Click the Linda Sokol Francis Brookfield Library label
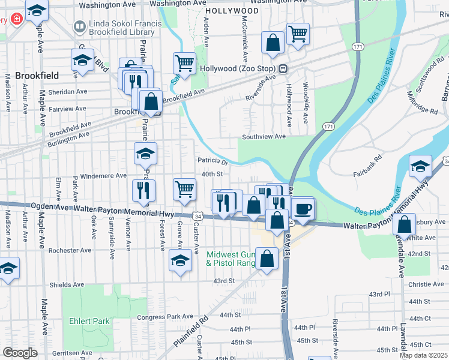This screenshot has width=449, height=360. click(124, 27)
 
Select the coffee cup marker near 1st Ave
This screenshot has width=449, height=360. click(303, 209)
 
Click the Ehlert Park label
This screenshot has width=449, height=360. click(89, 321)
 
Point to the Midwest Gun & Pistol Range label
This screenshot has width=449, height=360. click(231, 259)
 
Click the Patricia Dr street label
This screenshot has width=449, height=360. click(213, 161)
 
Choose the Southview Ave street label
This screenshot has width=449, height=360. click(264, 137)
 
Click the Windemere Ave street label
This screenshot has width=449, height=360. click(104, 175)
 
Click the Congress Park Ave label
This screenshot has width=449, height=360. click(165, 316)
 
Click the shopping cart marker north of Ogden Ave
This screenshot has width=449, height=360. click(184, 190)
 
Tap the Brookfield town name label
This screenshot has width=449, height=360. click(37, 76)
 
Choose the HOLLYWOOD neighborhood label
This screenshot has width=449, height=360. click(232, 11)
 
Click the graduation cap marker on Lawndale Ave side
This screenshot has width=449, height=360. click(420, 166)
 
